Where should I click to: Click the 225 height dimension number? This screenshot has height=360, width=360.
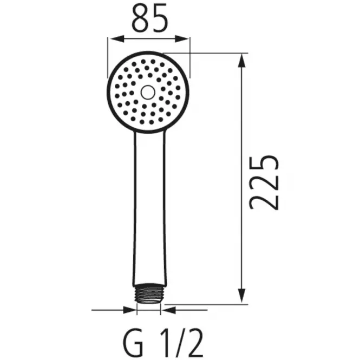[x=264, y=182]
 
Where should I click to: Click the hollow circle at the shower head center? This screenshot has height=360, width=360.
[x=148, y=92]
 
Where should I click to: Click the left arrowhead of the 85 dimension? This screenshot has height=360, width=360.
[x=117, y=39]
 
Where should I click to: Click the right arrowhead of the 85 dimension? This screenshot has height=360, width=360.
[x=182, y=39]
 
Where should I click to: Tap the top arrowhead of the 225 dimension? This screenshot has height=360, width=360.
[x=241, y=61]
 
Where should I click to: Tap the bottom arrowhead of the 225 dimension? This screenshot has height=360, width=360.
[x=241, y=296]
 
